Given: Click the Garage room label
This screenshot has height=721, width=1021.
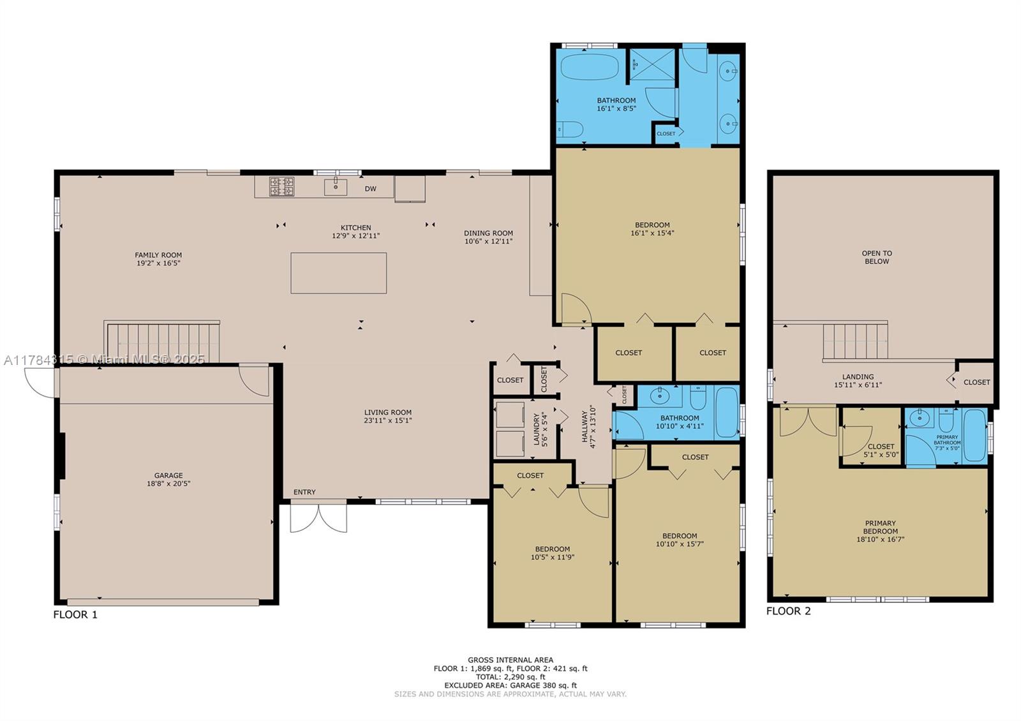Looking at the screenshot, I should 168,479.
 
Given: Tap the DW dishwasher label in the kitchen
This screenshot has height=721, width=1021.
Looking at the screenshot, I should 370,189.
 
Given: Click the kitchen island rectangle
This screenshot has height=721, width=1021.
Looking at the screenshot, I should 338,273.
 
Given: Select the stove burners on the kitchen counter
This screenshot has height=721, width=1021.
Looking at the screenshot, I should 281,186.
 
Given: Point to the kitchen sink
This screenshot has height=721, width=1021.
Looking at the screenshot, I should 336,187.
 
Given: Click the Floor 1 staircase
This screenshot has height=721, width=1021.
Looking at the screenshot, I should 163,343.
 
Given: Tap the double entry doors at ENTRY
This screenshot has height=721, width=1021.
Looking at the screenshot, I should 318,517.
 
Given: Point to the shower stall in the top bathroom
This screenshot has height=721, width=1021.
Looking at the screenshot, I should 652,65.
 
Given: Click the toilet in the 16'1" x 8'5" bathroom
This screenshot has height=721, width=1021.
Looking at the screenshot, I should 569,130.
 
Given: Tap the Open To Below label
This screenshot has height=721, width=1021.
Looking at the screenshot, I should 877,257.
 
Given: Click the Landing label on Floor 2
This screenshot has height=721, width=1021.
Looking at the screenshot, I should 858,376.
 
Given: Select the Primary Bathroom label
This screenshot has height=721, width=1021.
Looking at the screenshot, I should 947,440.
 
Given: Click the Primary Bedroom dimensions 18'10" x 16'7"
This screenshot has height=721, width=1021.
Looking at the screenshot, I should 881,539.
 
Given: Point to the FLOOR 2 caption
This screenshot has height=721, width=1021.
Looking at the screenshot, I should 788,611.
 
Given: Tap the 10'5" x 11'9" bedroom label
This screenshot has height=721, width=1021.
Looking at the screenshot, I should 553,553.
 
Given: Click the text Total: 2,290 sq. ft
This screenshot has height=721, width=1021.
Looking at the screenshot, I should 511,677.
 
